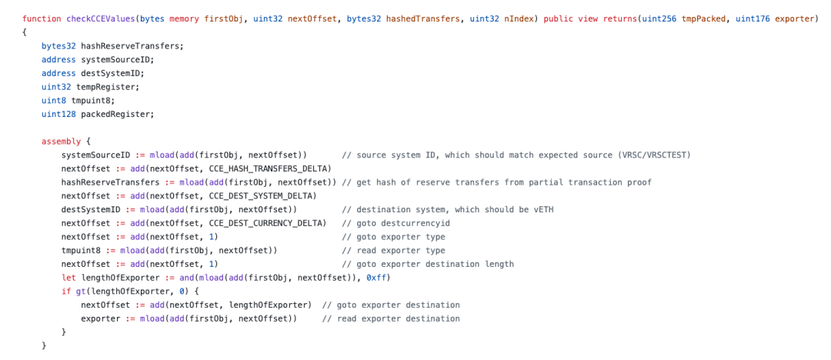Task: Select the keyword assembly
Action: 59,142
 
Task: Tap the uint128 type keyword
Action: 55,114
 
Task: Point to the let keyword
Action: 68,278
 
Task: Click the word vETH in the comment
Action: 544,209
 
